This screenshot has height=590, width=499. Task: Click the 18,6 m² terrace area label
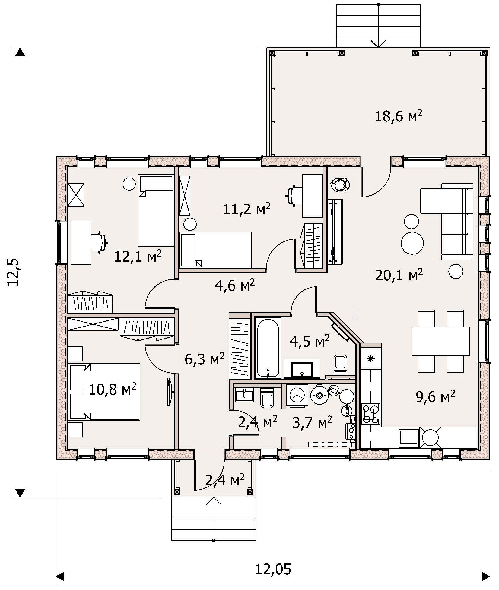pyautogui.click(x=398, y=116)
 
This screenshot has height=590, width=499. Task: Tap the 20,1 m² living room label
pyautogui.click(x=399, y=275)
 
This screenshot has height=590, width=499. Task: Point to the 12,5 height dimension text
pyautogui.click(x=14, y=272)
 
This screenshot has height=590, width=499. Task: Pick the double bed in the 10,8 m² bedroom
pyautogui.click(x=104, y=392)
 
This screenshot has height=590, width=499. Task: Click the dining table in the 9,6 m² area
pyautogui.click(x=441, y=341)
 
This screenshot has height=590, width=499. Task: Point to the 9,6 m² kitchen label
pyautogui.click(x=435, y=397)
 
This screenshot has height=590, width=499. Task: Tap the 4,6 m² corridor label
pyautogui.click(x=235, y=285)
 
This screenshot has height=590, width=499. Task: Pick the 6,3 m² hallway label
pyautogui.click(x=205, y=359)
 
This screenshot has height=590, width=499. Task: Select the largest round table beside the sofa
pyautogui.click(x=412, y=243)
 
